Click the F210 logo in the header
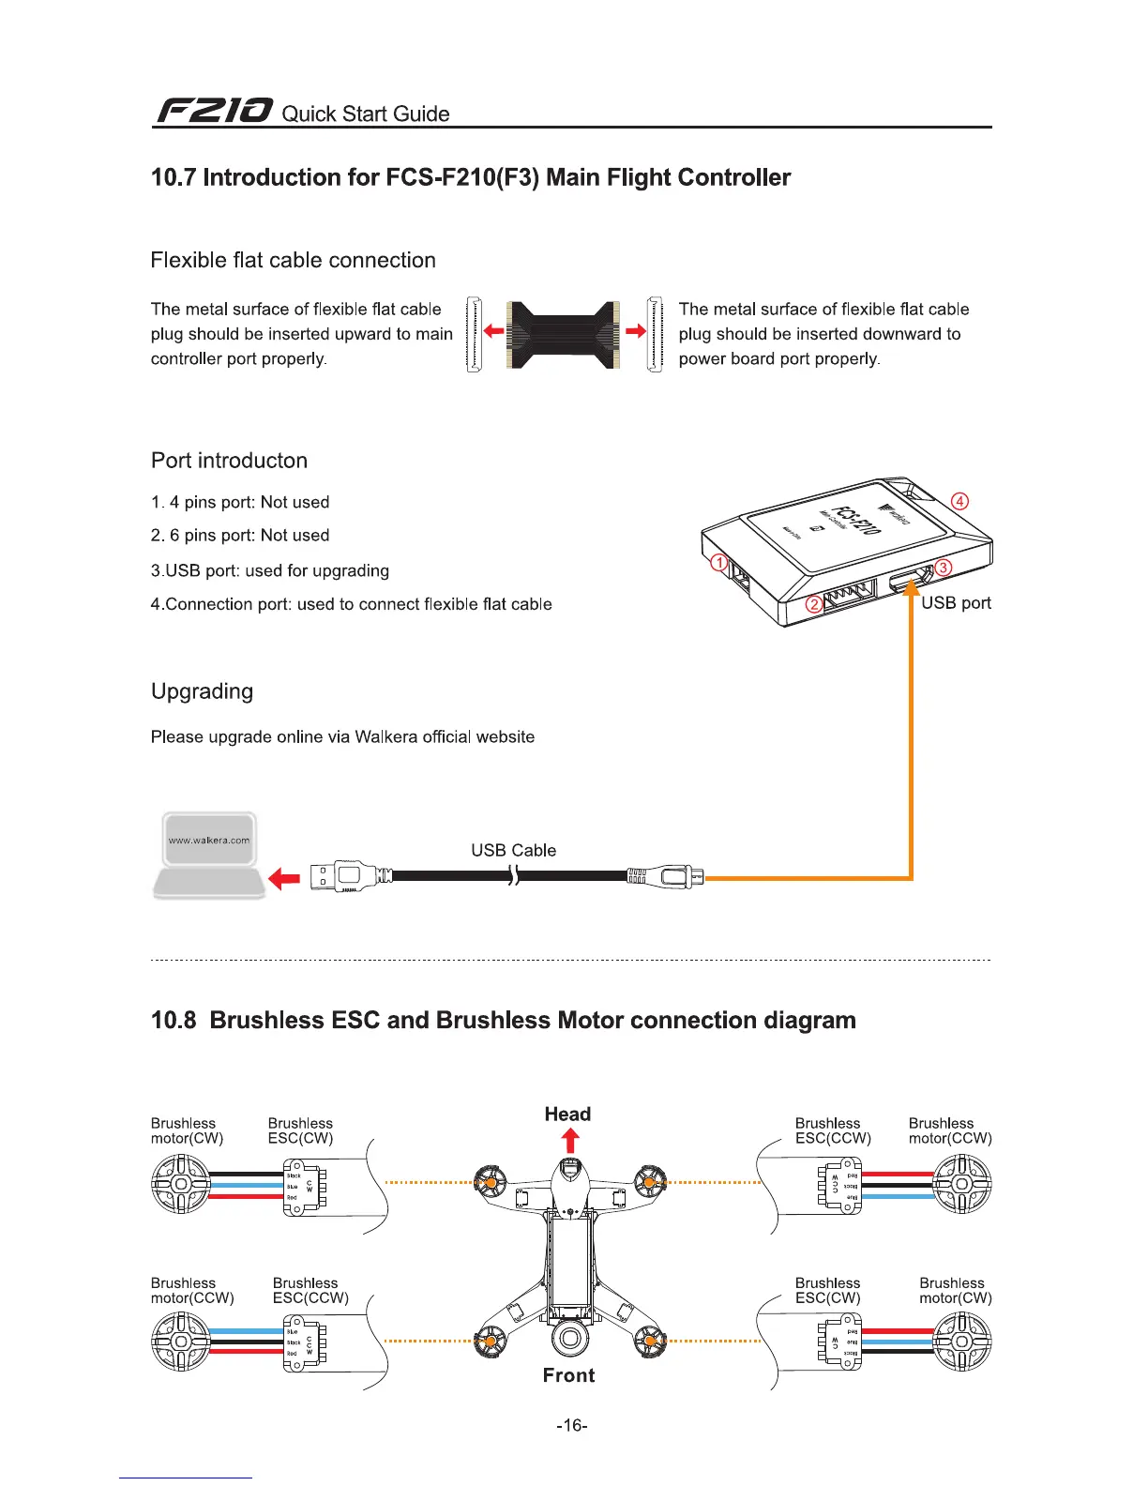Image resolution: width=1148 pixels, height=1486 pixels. click(214, 112)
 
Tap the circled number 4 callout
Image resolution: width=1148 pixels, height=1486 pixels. click(959, 501)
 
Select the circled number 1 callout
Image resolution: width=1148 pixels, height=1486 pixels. click(719, 563)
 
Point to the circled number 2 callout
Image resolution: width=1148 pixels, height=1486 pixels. click(816, 604)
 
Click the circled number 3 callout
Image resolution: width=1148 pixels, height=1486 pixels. click(944, 567)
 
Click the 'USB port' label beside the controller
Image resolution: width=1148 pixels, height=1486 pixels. click(956, 602)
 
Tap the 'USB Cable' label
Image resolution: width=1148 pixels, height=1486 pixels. click(513, 850)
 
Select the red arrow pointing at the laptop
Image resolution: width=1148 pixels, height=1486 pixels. click(283, 878)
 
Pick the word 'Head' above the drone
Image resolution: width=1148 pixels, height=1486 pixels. click(567, 1114)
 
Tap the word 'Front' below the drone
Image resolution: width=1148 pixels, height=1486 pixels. click(568, 1375)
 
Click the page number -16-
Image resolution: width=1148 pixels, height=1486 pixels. click(572, 1426)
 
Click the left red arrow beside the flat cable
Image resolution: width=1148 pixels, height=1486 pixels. click(493, 331)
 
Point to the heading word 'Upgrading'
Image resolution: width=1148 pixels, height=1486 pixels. click(202, 691)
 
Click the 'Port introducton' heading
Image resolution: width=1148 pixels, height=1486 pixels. click(229, 461)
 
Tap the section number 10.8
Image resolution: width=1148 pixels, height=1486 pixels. click(174, 1021)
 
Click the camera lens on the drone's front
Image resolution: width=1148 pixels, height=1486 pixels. click(569, 1337)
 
